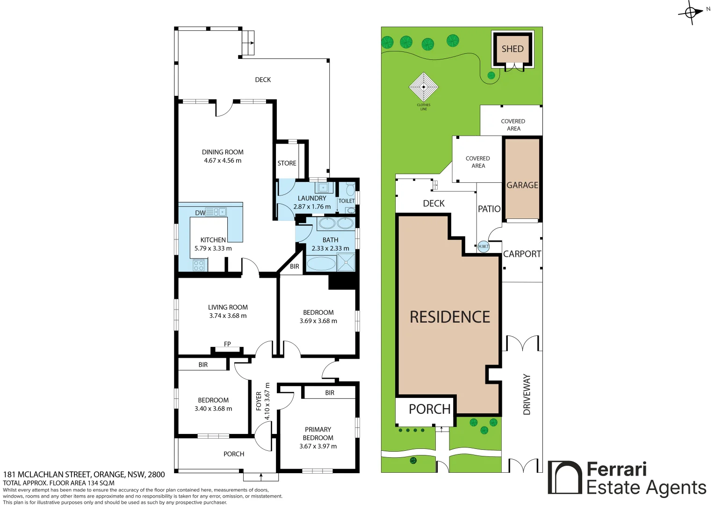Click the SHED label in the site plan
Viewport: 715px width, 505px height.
click(513, 49)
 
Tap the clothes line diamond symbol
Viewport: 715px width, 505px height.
click(424, 87)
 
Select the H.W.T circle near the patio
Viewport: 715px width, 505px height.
click(484, 246)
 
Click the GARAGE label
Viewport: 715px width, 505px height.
click(522, 185)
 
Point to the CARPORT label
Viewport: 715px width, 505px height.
click(522, 254)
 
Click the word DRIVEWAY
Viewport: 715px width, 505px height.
click(527, 395)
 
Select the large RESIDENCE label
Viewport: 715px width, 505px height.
click(450, 317)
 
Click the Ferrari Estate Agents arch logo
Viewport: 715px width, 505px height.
click(565, 477)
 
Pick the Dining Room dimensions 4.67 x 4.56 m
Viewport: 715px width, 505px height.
click(223, 160)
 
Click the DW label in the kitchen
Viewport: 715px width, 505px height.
click(200, 213)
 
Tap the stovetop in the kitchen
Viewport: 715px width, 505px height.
click(199, 265)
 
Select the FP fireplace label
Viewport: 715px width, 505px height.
click(227, 344)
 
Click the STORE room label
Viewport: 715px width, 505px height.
click(287, 163)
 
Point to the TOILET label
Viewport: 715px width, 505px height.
click(347, 201)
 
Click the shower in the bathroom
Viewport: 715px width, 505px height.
click(346, 262)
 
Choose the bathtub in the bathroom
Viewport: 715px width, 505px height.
click(321, 264)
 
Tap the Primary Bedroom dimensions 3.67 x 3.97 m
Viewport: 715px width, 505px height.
click(318, 446)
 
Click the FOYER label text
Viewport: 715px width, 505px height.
click(259, 401)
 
